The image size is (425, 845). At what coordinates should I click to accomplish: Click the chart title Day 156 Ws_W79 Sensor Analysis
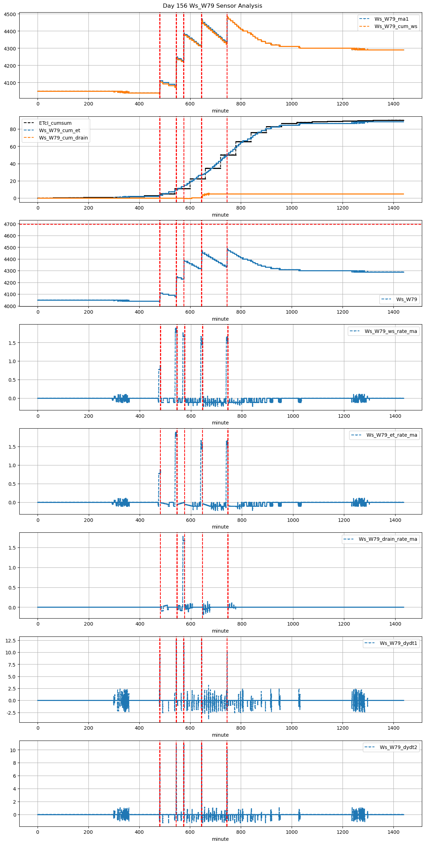point(212,6)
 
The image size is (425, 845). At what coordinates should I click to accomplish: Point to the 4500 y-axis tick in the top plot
point(10,14)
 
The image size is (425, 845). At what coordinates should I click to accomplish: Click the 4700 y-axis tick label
point(10,224)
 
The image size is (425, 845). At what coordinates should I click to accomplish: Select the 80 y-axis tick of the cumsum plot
point(13,129)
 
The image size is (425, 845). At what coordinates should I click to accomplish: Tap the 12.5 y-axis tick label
point(11,640)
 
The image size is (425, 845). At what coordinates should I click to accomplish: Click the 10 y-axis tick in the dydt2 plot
point(13,750)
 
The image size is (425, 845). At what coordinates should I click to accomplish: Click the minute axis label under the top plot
point(220,111)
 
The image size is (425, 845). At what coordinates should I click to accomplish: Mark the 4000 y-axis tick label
point(10,306)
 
